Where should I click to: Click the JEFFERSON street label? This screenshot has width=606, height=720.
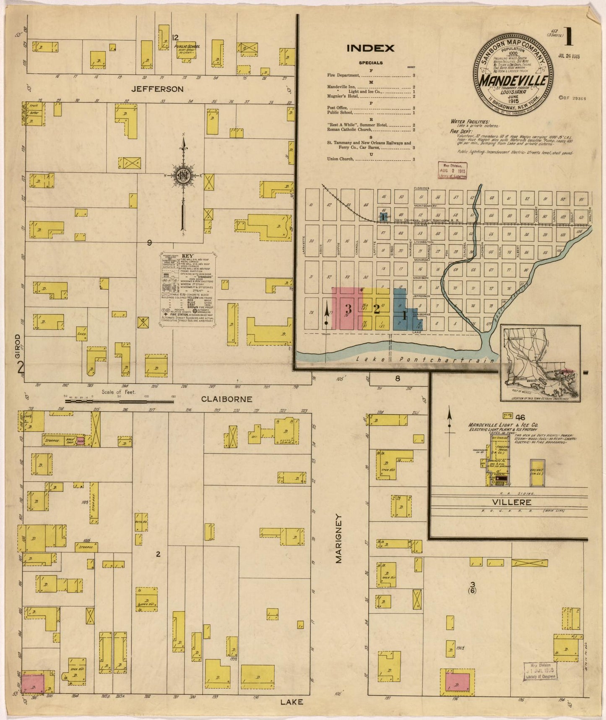157,89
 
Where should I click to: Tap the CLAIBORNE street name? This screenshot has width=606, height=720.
227,399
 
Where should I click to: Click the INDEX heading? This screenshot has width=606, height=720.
370,48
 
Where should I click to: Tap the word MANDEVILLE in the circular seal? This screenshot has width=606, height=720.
512,80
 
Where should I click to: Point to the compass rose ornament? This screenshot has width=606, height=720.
183,177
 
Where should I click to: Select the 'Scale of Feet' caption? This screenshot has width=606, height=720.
120,393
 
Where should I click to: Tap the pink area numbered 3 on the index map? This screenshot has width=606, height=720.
348,309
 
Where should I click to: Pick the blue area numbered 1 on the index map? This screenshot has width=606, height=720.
404,316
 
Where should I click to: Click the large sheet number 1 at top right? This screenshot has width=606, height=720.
569,37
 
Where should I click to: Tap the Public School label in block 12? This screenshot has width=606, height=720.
186,47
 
